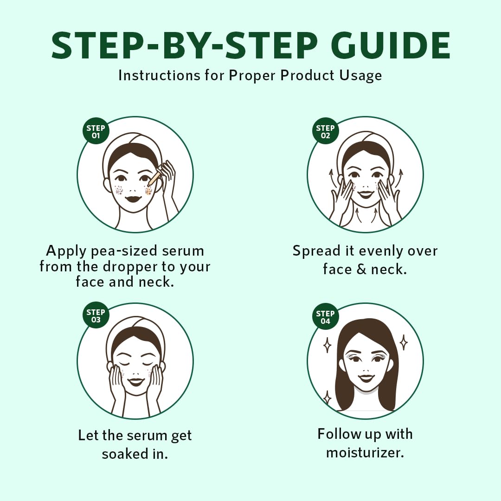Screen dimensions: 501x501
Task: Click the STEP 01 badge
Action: (96, 132)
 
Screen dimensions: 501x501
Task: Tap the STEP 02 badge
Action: (325, 132)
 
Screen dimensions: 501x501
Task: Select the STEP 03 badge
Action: (96, 316)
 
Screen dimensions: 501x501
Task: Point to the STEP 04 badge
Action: (325, 317)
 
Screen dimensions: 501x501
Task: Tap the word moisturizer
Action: (365, 452)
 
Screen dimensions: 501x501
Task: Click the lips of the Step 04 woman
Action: (366, 378)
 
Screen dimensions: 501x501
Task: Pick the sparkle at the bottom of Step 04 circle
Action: (328, 398)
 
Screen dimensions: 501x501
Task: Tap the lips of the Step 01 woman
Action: (134, 198)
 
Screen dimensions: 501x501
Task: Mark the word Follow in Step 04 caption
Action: (340, 434)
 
